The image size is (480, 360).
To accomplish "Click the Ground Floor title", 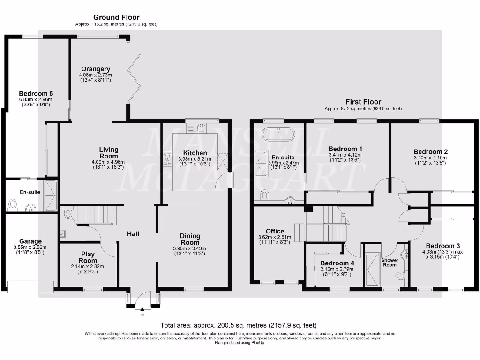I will coord(116,17).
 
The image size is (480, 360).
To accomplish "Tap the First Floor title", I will coord(363,102).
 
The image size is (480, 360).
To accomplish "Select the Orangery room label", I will coord(95,69).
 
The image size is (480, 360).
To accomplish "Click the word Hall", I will coord(133,233).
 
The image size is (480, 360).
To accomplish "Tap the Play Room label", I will coord(88,257).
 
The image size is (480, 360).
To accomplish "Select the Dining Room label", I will coord(190,239).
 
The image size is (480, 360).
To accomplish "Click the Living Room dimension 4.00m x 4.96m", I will coord(108,162).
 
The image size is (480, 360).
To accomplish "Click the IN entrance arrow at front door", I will coord(142,309).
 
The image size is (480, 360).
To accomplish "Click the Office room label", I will coord(275,231).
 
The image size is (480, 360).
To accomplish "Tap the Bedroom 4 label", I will coord(335,263).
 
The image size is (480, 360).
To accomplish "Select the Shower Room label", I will coord(390,262).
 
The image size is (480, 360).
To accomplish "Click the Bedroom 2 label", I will coord(430,152).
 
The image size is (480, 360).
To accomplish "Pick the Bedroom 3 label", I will coord(443,246).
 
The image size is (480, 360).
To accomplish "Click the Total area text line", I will coord(239,325).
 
